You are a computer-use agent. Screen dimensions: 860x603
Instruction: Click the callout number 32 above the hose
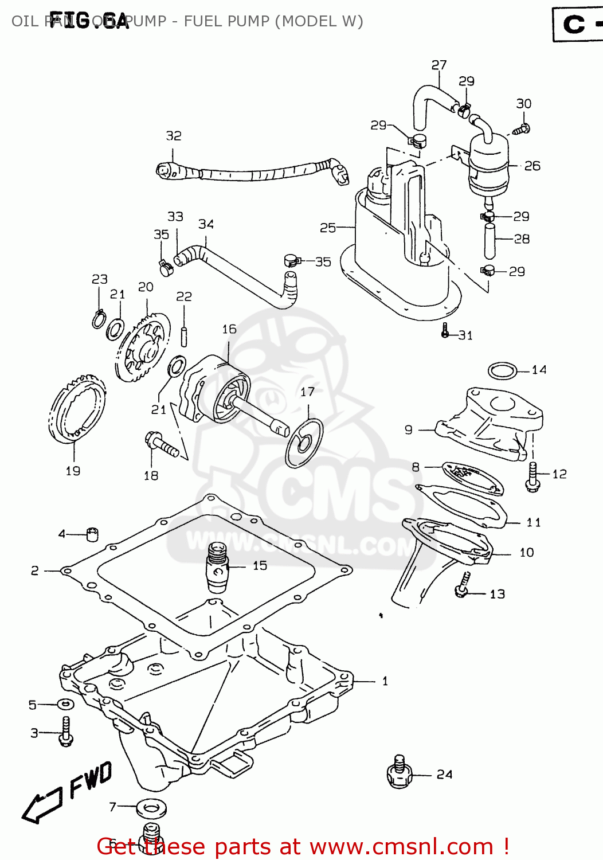coord(174,136)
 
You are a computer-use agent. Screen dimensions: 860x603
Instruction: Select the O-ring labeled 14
coord(503,371)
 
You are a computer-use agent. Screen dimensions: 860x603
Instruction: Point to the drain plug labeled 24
coord(400,772)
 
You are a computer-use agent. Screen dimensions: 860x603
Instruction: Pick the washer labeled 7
coord(152,808)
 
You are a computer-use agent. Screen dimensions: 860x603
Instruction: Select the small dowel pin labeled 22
coord(184,336)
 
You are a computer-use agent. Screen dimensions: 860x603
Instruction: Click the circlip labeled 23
coord(99,319)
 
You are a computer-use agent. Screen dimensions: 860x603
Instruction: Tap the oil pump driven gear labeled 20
coord(143,347)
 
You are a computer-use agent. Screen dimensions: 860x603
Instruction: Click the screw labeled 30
coord(521,129)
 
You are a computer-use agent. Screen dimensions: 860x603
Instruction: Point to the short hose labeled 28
coord(489,241)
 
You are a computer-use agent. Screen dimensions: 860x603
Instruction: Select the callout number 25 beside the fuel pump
coord(327,228)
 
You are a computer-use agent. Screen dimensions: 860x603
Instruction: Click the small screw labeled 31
coord(445,331)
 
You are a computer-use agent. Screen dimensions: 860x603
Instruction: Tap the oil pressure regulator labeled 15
coord(217,567)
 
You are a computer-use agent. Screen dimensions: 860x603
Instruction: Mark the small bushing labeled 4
coord(92,534)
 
